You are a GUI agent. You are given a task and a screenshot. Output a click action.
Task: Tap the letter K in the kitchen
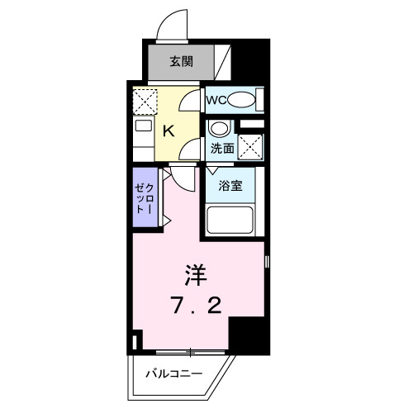click(168, 130)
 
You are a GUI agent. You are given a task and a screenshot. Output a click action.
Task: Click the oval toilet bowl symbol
click(241, 101)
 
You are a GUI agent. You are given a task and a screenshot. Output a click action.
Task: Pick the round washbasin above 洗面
click(218, 128)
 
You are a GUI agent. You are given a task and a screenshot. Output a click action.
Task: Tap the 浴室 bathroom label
click(230, 185)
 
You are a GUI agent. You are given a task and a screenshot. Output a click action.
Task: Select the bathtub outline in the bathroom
click(230, 221)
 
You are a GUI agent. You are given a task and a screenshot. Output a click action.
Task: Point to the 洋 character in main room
click(195, 272)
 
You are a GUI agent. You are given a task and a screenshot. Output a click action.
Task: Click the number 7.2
click(196, 308)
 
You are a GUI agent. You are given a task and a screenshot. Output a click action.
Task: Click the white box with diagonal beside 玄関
click(223, 61)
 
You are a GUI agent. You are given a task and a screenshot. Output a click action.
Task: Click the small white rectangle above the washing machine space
click(253, 124)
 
